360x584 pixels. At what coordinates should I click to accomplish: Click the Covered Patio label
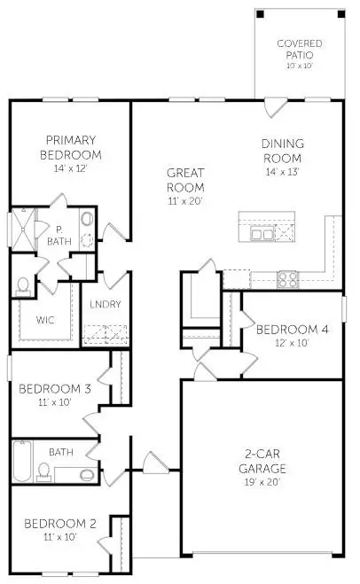tap(300, 49)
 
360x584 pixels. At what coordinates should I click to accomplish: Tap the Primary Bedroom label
tap(72, 146)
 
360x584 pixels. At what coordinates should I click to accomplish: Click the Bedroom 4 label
tap(292, 330)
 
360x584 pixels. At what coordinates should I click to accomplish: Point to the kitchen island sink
tap(262, 234)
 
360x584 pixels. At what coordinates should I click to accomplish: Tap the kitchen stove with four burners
tap(289, 278)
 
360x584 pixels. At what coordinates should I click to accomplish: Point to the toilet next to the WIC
tap(24, 285)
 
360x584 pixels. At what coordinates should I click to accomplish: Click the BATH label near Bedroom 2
tap(61, 452)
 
